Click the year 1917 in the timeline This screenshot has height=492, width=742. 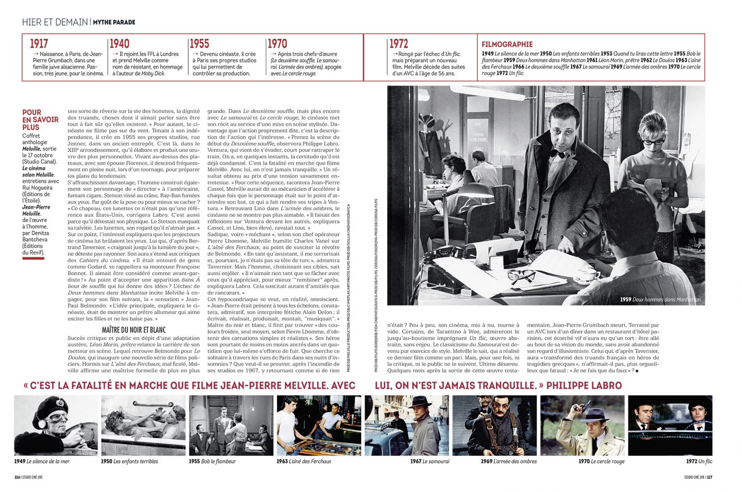click(39, 44)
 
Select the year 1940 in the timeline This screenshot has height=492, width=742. click(119, 44)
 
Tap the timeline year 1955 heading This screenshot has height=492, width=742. click(199, 44)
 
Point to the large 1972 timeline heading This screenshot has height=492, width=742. click(399, 44)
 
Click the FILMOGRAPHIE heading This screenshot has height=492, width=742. click(507, 44)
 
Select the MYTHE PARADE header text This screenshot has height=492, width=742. click(114, 22)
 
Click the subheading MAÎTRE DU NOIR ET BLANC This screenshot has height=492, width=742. click(133, 330)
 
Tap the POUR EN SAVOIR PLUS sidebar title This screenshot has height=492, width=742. click(40, 120)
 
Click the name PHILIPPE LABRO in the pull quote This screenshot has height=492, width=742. click(584, 385)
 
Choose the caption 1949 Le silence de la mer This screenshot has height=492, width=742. click(42, 461)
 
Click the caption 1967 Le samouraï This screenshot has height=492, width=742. click(429, 461)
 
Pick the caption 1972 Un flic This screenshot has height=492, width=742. click(699, 461)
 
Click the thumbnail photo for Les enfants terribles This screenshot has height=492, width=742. click(143, 425)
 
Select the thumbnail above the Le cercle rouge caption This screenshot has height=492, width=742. click(582, 425)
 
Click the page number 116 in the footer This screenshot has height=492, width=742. click(17, 477)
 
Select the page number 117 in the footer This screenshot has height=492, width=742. click(709, 477)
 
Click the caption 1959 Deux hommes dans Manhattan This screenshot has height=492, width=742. click(660, 300)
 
